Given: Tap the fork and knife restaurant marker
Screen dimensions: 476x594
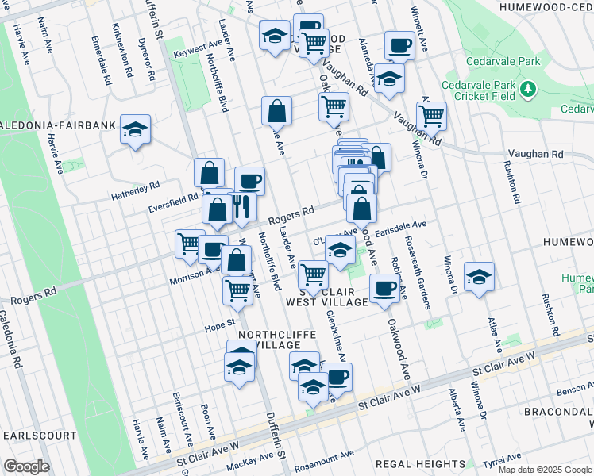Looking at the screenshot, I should point(242,207).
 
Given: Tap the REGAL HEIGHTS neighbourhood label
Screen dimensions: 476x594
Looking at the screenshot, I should point(421,463).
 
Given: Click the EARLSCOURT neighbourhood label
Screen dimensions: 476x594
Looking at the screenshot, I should point(40,436).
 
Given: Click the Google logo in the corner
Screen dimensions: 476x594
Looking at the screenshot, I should point(26,466).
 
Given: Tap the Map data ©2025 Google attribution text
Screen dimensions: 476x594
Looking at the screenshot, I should point(545,470).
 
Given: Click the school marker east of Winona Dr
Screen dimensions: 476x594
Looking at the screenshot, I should point(479,278).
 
